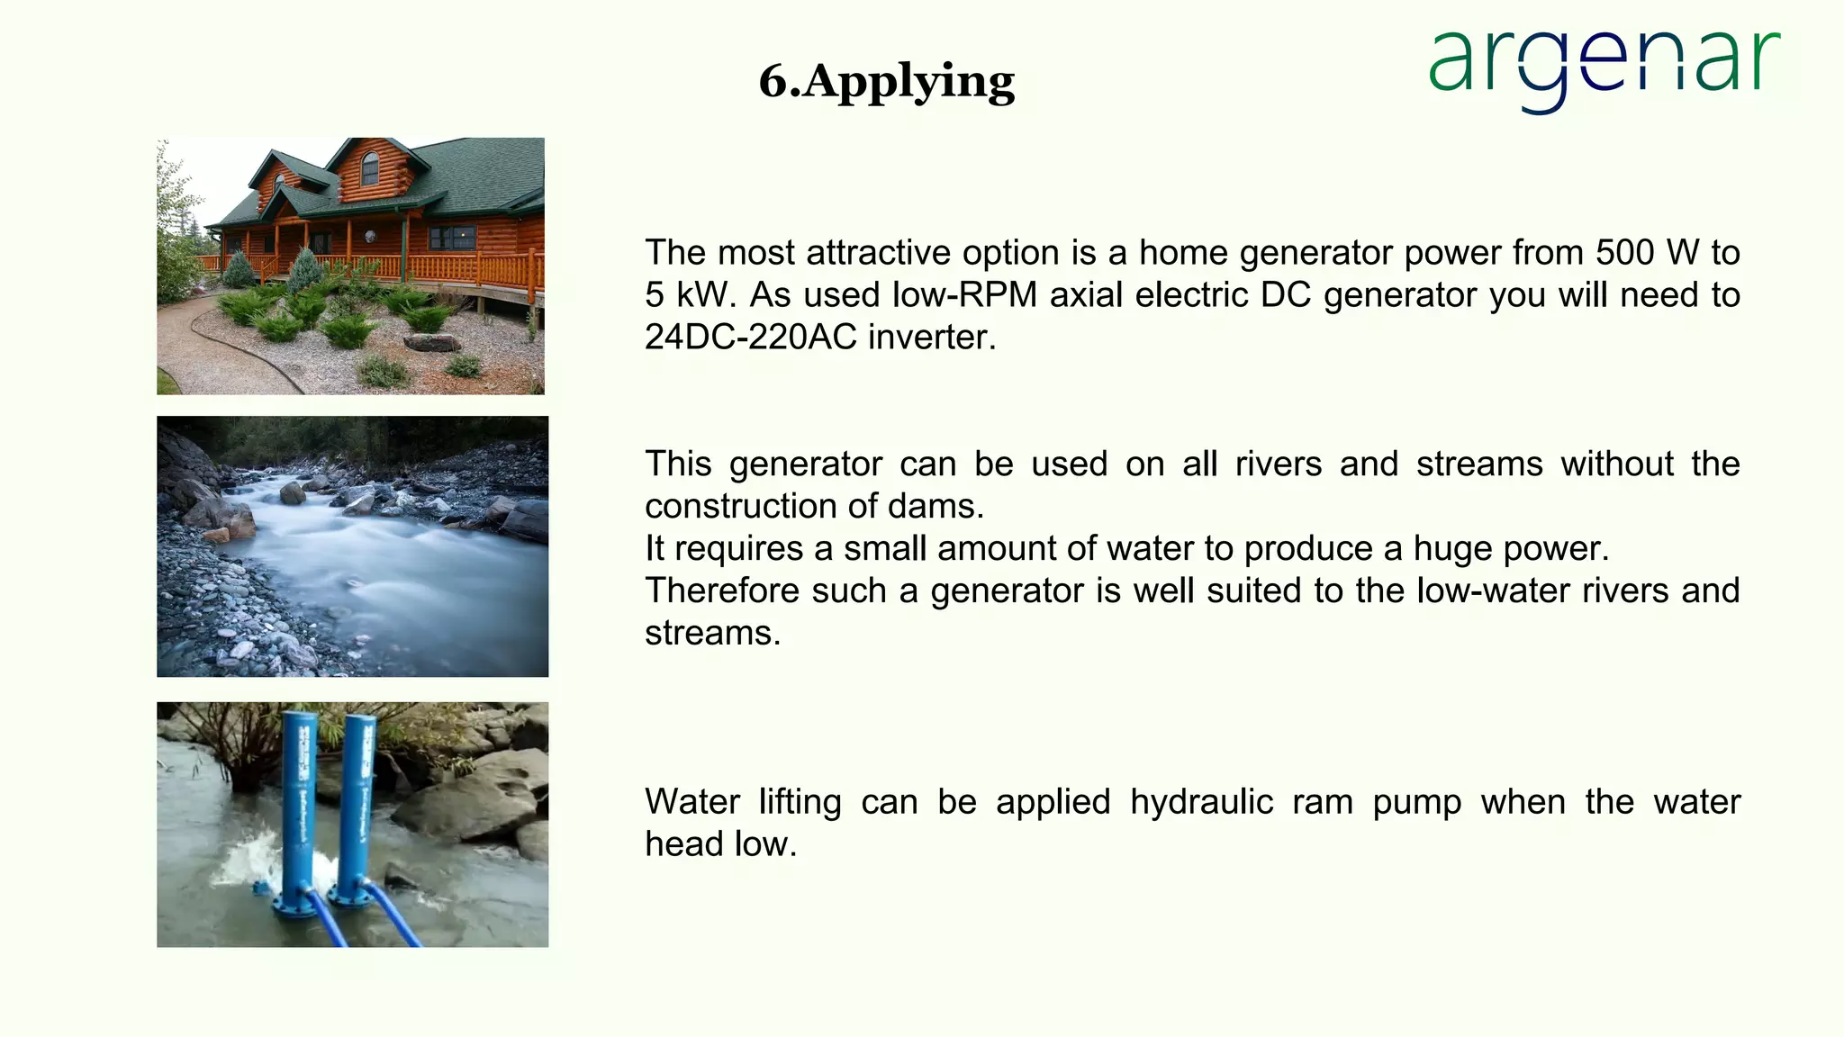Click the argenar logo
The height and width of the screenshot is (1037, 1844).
1604,68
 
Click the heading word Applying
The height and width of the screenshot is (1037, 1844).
908,82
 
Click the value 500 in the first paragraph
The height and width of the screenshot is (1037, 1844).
1624,253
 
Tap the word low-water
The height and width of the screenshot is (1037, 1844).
1499,591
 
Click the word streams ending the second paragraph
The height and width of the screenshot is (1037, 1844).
711,634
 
